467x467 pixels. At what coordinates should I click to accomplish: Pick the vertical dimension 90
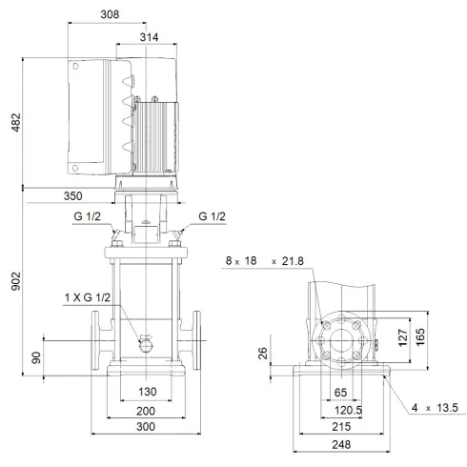point(37,358)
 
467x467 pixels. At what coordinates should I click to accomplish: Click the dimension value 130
point(145,392)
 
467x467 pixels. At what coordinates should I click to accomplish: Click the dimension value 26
point(264,355)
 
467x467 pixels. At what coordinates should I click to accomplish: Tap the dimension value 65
point(341,392)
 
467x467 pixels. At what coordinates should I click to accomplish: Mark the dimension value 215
point(341,426)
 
